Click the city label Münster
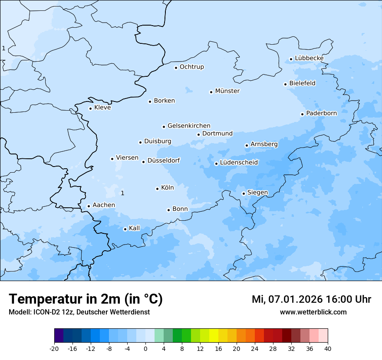227,91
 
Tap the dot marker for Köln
157,189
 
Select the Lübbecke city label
309,58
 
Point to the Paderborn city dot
302,114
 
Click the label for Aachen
104,205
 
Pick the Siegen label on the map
257,193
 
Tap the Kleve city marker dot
90,108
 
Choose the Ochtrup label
191,67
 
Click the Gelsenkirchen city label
189,126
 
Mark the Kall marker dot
125,229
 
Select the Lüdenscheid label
239,163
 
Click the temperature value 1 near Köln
122,193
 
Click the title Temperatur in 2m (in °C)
86,299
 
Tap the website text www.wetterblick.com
313,312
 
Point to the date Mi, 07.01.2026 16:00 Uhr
311,299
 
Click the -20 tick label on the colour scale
54,349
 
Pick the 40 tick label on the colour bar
328,349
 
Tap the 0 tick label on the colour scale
145,349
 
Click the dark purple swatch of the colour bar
59,336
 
